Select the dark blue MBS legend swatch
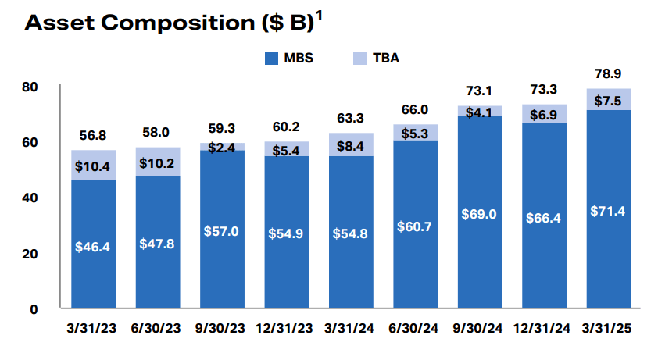(x=271, y=58)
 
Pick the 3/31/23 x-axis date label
(x=93, y=329)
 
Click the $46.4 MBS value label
(x=93, y=246)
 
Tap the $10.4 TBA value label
(x=93, y=165)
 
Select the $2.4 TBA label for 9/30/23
(x=222, y=147)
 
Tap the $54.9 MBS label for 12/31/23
(x=286, y=233)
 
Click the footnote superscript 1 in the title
(x=319, y=16)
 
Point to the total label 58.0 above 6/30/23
(x=157, y=134)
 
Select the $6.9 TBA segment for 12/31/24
(x=544, y=114)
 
